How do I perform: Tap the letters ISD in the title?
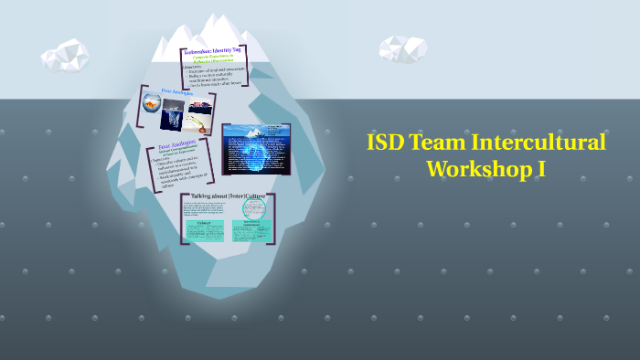(x=385, y=143)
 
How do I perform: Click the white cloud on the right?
(x=403, y=48)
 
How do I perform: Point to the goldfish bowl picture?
(x=153, y=108)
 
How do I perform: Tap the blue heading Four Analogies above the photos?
(x=180, y=91)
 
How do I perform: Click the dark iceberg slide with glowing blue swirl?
(x=257, y=148)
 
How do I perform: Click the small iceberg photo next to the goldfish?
(x=173, y=119)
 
